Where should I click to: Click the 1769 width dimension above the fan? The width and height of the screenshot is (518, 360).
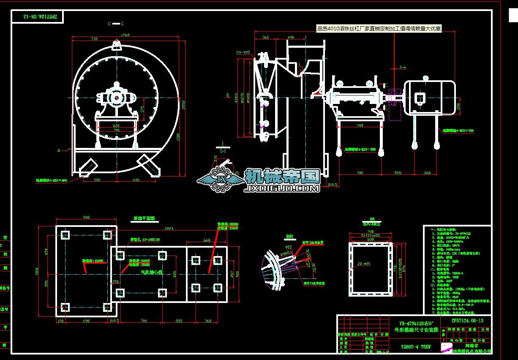coord(125,35)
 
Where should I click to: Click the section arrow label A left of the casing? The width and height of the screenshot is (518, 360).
coord(59,150)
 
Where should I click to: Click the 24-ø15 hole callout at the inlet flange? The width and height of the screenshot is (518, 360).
coord(244,52)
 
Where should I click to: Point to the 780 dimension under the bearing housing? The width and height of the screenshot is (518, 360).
coord(360,125)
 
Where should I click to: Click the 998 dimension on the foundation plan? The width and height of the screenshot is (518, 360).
coord(86,217)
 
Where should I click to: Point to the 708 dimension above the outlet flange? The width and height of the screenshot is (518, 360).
coord(370,232)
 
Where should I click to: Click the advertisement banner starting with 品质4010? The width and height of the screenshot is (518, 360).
coord(379,29)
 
